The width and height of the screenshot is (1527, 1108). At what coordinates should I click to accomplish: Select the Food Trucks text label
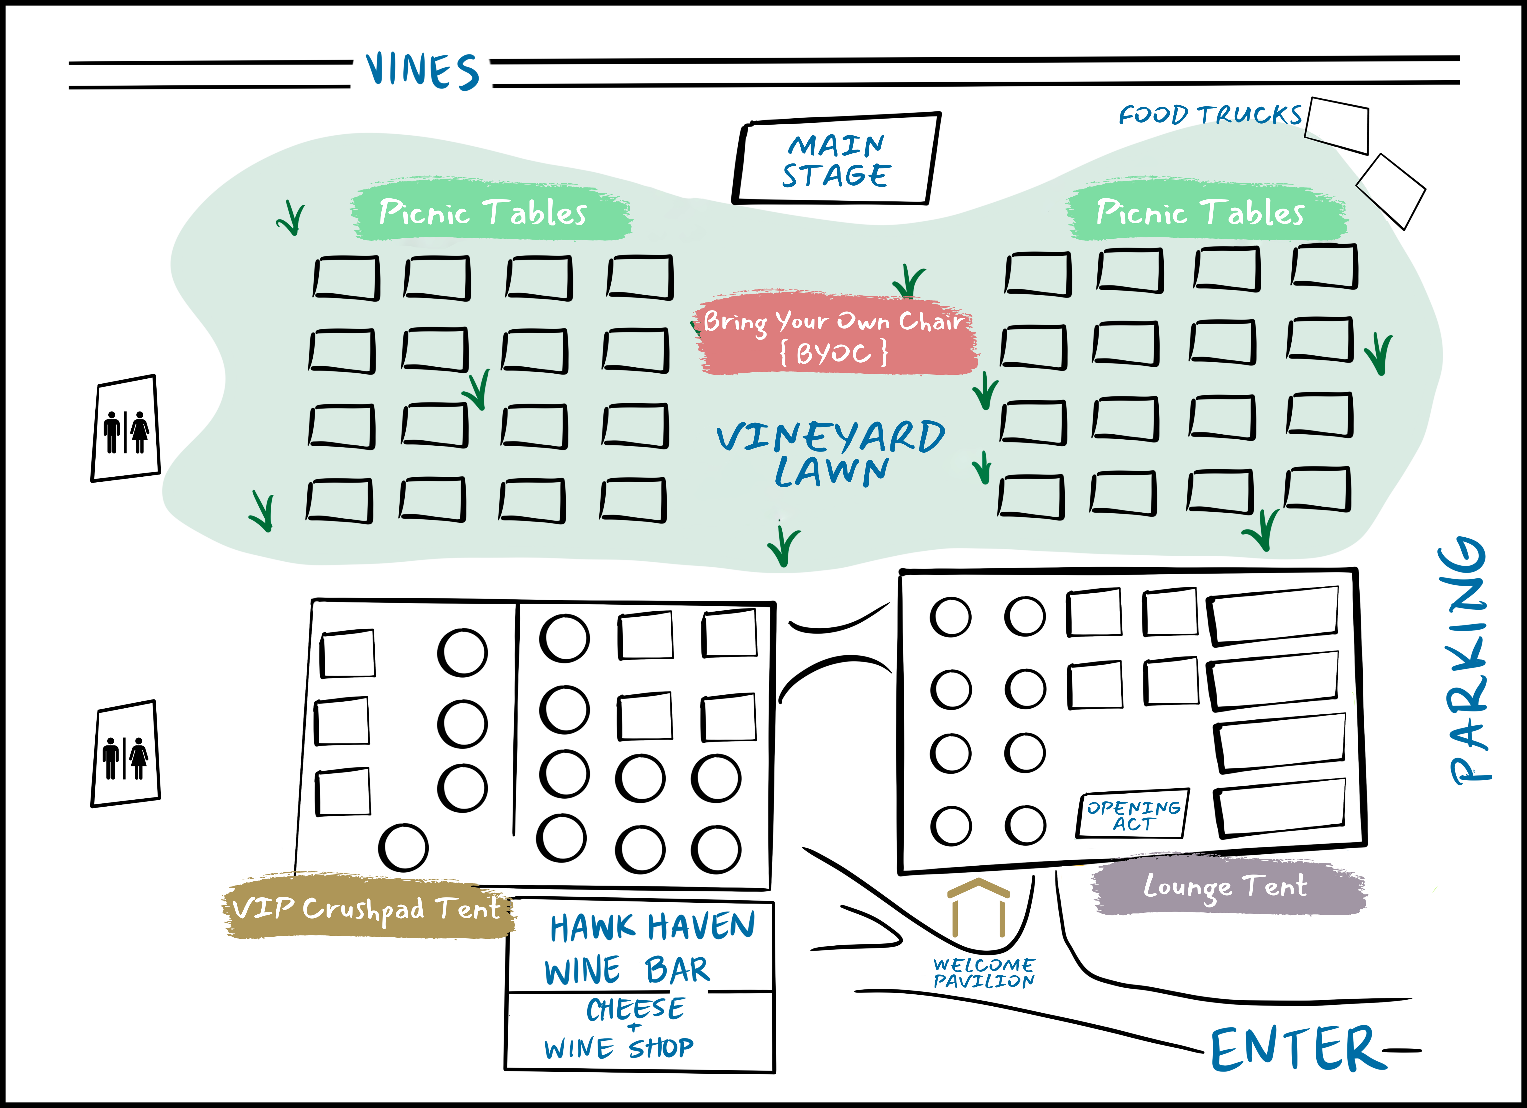[x=1210, y=115]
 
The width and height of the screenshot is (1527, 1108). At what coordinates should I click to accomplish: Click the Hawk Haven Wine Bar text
[x=650, y=949]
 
